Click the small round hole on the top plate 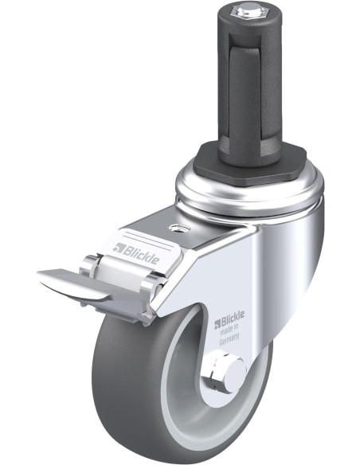[179, 229]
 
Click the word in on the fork [236, 327]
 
